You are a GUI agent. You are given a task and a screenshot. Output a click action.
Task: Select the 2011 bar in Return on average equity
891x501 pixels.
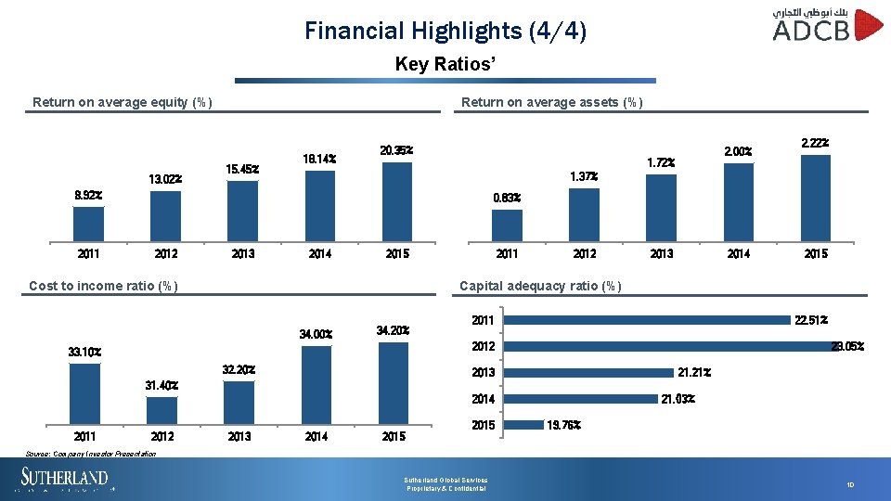pyautogui.click(x=89, y=224)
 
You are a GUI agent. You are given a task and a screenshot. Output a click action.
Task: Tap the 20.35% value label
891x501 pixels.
pyautogui.click(x=396, y=149)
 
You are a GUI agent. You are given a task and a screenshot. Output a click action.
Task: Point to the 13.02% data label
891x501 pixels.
pyautogui.click(x=165, y=179)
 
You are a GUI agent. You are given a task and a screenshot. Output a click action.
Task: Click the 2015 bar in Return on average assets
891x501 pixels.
pyautogui.click(x=815, y=198)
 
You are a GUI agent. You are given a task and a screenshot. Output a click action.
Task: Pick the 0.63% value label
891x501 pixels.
pyautogui.click(x=507, y=198)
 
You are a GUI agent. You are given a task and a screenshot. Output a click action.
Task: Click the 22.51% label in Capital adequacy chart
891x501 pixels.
pyautogui.click(x=811, y=320)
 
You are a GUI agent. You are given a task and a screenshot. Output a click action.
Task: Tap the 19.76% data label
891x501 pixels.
pyautogui.click(x=564, y=425)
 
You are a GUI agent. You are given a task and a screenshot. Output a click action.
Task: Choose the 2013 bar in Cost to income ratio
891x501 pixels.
pyautogui.click(x=239, y=402)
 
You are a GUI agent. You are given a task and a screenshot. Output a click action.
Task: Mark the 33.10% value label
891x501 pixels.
pyautogui.click(x=84, y=353)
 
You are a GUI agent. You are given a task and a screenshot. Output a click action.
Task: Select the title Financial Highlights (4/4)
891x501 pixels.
pyautogui.click(x=445, y=31)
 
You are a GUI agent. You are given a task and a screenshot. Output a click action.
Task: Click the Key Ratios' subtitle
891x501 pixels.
pyautogui.click(x=445, y=64)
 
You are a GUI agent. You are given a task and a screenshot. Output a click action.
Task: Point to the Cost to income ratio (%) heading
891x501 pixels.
pyautogui.click(x=104, y=286)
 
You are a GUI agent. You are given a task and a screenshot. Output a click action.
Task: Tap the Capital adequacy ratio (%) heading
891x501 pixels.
pyautogui.click(x=540, y=286)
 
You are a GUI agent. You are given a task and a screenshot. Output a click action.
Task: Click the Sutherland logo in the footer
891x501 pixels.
pyautogui.click(x=65, y=480)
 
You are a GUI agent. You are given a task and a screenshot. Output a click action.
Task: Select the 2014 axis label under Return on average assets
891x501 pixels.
pyautogui.click(x=738, y=253)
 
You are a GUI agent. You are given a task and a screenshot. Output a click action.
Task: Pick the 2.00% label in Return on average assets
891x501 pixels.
pyautogui.click(x=738, y=151)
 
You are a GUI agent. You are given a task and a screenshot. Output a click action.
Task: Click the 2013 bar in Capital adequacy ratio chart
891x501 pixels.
pyautogui.click(x=593, y=373)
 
